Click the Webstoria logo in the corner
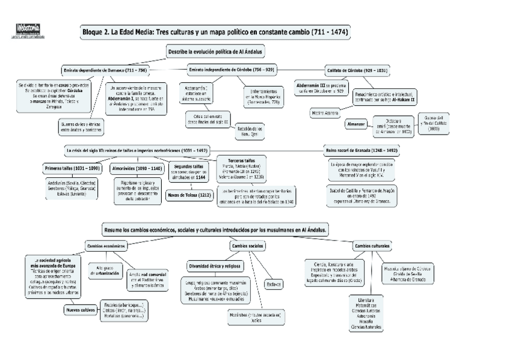28,28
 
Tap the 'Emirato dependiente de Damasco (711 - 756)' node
105,70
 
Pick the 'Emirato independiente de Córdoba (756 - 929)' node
231,70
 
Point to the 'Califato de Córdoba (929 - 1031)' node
356,70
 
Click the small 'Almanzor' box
355,124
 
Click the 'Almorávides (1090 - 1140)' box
137,168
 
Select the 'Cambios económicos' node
106,246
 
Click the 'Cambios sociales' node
248,246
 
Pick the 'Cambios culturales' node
371,246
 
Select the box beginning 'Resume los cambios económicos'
215,230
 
